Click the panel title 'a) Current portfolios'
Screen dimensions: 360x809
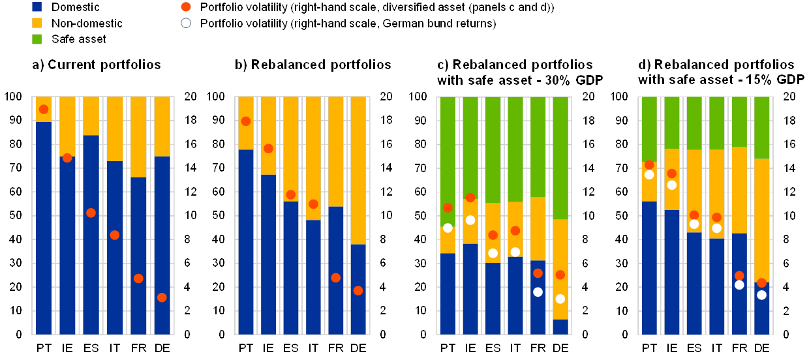pos(97,65)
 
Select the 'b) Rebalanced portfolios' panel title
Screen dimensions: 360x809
pos(314,65)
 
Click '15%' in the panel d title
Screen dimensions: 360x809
pos(752,80)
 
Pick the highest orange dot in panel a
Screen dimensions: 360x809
pos(44,109)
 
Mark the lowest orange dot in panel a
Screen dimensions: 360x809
pos(161,297)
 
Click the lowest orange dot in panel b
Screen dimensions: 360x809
pos(358,290)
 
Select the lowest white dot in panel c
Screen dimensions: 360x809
pos(560,299)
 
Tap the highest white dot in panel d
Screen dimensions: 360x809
pos(649,175)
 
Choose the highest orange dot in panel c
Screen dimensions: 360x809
pos(470,197)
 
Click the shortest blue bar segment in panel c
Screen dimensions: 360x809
pos(560,327)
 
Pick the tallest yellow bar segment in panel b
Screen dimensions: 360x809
pos(358,170)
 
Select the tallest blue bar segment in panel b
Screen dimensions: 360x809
pos(245,242)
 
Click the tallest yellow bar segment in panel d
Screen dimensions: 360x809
pos(762,220)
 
